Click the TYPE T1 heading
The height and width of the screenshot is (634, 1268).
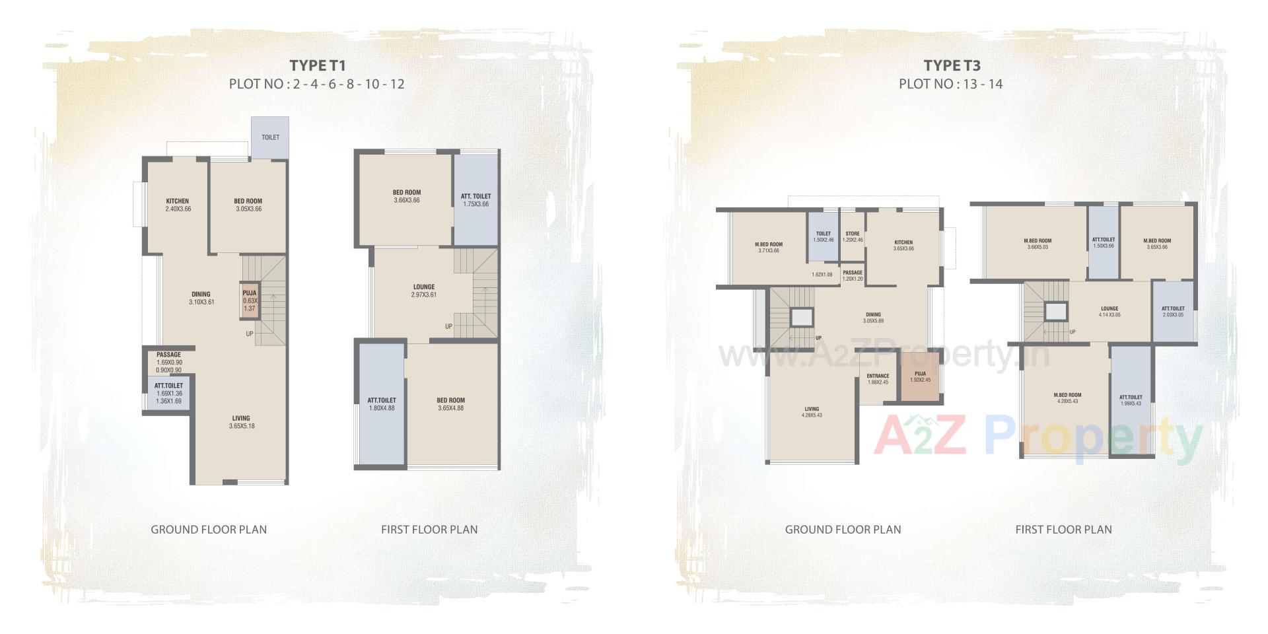317,65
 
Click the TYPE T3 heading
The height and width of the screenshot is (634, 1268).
951,65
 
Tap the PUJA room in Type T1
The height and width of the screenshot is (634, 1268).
250,300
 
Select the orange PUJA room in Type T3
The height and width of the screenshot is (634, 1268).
920,376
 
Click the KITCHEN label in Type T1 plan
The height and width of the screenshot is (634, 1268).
178,201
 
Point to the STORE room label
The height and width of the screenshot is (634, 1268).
853,234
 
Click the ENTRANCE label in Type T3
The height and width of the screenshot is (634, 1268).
878,376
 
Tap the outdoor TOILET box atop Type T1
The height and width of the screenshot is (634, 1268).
270,137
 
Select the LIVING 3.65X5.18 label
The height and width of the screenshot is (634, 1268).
241,418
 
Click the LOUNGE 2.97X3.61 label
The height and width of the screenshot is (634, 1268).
424,288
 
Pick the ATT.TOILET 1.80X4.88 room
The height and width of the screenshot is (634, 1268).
382,404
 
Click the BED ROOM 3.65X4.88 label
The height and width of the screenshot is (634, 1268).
450,400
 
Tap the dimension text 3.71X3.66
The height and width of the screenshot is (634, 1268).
769,251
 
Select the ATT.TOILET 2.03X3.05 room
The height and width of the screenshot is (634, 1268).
1173,312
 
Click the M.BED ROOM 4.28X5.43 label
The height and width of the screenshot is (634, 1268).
1067,396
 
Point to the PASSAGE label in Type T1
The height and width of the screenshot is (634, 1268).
169,355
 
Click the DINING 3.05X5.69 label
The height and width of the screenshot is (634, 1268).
872,315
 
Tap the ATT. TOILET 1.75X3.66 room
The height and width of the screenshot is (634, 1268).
475,199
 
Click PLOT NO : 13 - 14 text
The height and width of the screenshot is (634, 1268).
950,84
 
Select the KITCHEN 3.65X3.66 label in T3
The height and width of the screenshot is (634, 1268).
903,242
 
